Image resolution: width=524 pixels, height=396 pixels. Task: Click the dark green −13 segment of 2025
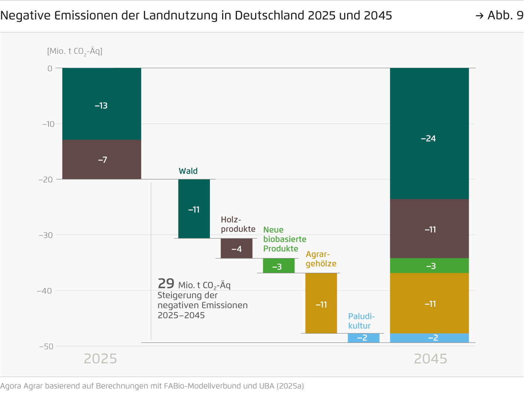tap(101, 104)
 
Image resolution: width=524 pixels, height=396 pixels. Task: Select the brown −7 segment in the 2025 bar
tap(101, 159)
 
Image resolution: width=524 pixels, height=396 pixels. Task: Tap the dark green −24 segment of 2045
tap(429, 133)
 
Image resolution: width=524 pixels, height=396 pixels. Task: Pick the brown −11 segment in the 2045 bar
tap(429, 229)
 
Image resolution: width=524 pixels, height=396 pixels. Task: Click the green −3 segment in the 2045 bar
tap(429, 265)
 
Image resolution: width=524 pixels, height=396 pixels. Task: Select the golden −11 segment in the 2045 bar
tap(429, 303)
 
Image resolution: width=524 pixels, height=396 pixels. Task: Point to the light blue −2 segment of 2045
tap(429, 338)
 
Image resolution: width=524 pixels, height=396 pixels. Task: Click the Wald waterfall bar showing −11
tap(194, 209)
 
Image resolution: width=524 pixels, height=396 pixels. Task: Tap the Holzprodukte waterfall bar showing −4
tap(236, 248)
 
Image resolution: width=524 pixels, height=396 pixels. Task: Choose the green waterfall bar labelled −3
tap(279, 266)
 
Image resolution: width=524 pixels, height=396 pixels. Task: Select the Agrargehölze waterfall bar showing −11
tap(321, 303)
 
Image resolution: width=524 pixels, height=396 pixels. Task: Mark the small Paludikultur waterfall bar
tap(363, 338)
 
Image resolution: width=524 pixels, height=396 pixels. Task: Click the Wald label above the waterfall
tap(188, 171)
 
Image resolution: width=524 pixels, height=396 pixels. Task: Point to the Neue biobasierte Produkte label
tap(284, 239)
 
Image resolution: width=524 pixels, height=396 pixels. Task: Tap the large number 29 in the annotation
tap(166, 284)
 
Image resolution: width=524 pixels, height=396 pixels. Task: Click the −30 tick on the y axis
tap(46, 235)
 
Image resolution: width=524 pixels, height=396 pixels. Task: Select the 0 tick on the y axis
tap(50, 68)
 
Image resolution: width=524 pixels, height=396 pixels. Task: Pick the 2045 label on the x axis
tap(430, 359)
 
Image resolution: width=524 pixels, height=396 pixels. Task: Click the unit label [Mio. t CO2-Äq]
tap(75, 51)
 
